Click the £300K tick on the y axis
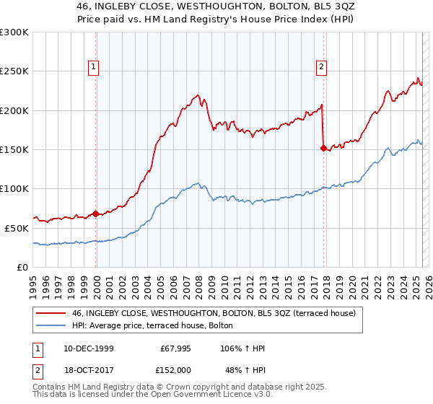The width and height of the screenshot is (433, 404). click(14, 32)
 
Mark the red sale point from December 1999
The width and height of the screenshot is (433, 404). click(96, 214)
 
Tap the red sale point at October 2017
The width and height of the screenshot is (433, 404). click(323, 148)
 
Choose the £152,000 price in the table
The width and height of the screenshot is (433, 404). click(175, 369)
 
